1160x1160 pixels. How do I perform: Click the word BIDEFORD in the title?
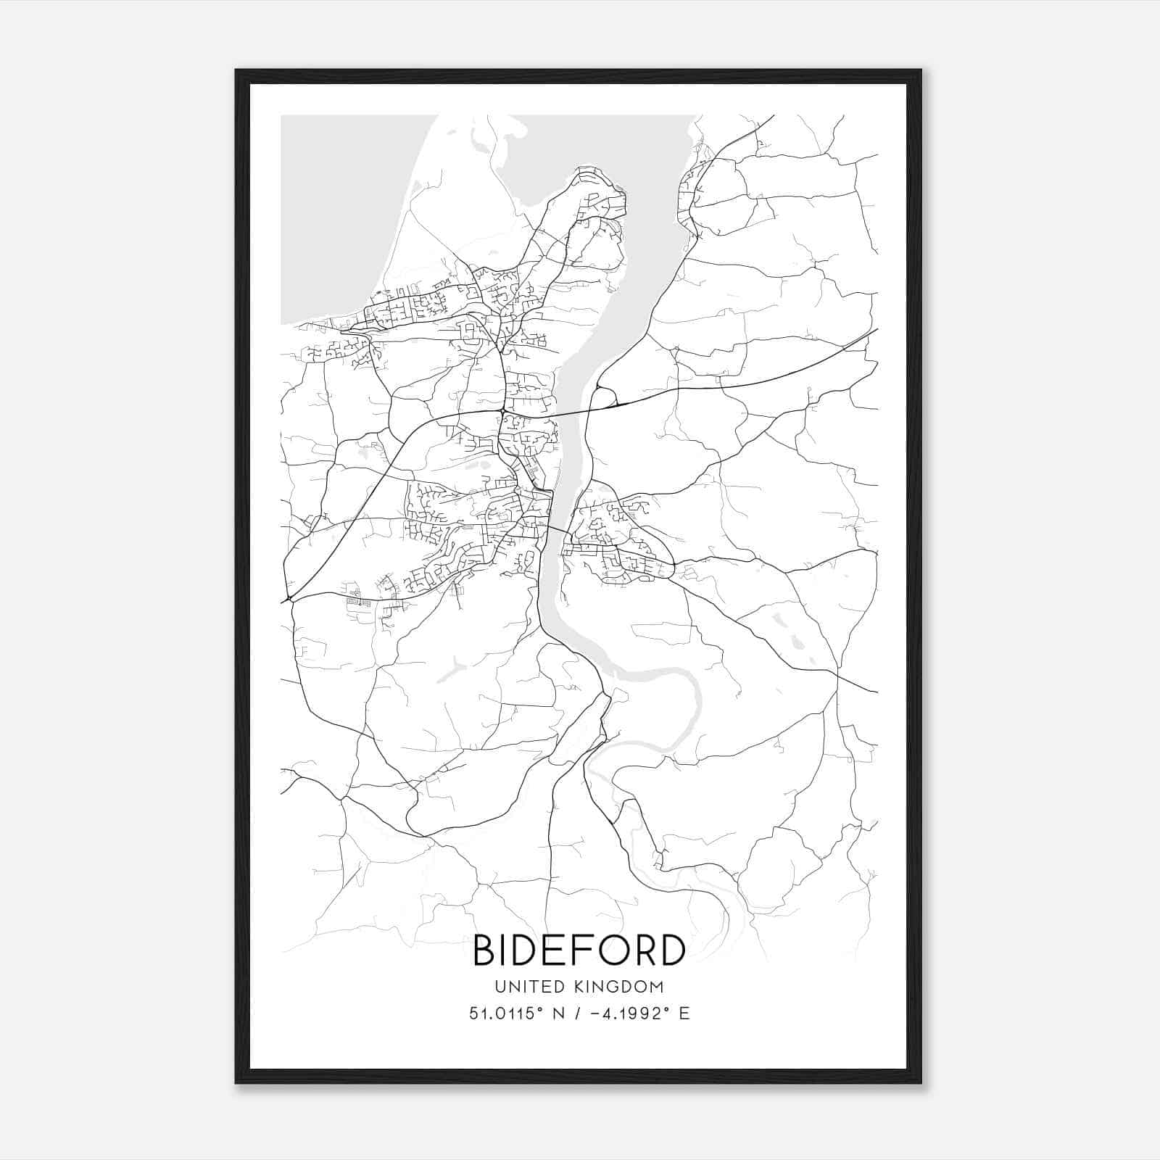(x=579, y=950)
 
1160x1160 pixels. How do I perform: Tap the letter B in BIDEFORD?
(x=484, y=950)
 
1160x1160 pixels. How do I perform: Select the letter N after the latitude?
(x=558, y=1014)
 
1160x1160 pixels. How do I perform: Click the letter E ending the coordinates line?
(x=684, y=1014)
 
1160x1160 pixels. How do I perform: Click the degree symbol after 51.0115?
(x=535, y=1008)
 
